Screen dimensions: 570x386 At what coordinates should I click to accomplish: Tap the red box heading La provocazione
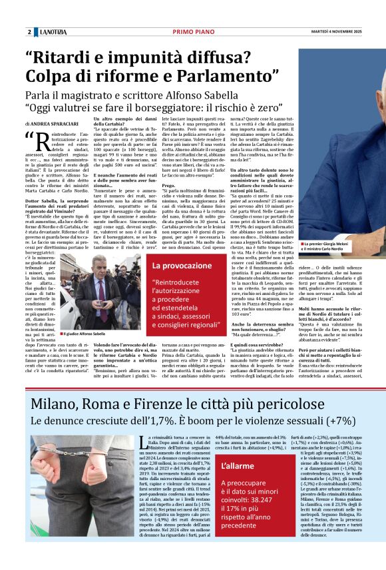click(x=176, y=265)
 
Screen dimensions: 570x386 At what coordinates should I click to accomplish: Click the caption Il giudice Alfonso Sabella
click(x=86, y=333)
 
